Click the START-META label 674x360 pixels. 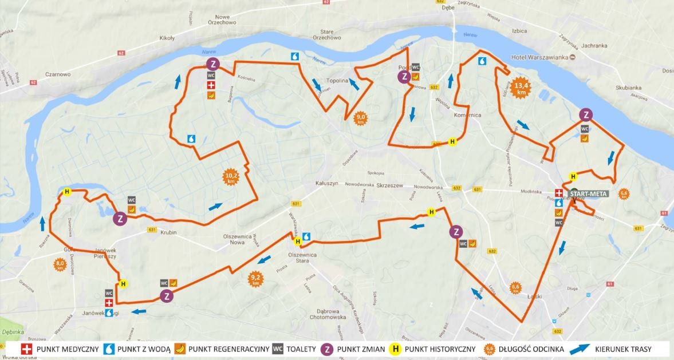click(590, 194)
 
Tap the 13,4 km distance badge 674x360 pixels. click(521, 87)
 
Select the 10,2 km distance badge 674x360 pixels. click(231, 177)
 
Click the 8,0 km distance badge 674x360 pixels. click(60, 264)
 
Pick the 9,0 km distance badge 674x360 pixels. click(361, 118)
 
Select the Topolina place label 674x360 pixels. click(337, 81)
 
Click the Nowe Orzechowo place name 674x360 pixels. click(226, 22)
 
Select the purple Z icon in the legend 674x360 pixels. click(326, 348)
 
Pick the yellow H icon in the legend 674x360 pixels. click(394, 348)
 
